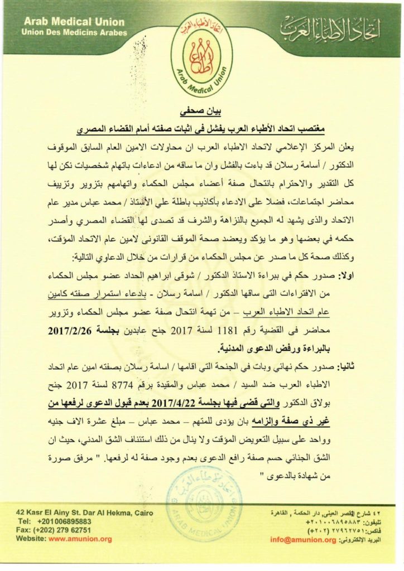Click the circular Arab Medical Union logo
coord(202,54)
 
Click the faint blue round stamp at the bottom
coord(204,502)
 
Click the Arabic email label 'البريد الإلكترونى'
coord(367,540)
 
